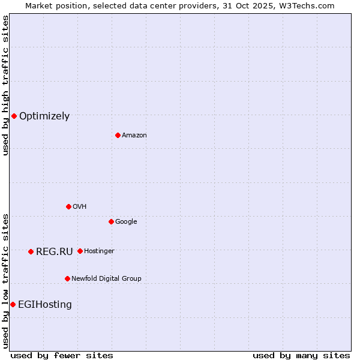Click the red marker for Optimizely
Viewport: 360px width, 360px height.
click(x=14, y=116)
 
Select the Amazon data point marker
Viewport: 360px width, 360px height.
click(x=118, y=135)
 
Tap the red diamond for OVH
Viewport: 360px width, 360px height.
click(x=68, y=206)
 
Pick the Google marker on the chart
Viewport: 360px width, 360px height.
click(x=111, y=221)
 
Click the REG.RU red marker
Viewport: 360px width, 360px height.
click(x=31, y=251)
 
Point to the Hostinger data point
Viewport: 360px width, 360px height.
click(x=80, y=251)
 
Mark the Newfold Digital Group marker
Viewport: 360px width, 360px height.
click(x=67, y=278)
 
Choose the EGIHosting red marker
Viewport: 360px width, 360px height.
click(x=13, y=304)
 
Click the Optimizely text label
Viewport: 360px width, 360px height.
click(x=44, y=116)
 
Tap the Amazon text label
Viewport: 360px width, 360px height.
click(x=134, y=135)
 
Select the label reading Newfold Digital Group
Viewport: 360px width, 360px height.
click(x=106, y=278)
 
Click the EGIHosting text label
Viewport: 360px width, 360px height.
click(x=45, y=305)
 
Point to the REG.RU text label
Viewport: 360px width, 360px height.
click(x=54, y=252)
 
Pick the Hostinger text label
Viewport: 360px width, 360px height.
click(x=99, y=251)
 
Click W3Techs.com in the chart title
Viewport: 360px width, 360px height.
click(x=310, y=5)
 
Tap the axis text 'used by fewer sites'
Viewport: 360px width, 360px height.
click(x=62, y=355)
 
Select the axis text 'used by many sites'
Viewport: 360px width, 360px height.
click(x=301, y=355)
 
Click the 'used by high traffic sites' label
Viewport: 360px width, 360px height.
click(x=5, y=85)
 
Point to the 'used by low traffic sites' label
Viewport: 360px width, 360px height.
click(x=5, y=281)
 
